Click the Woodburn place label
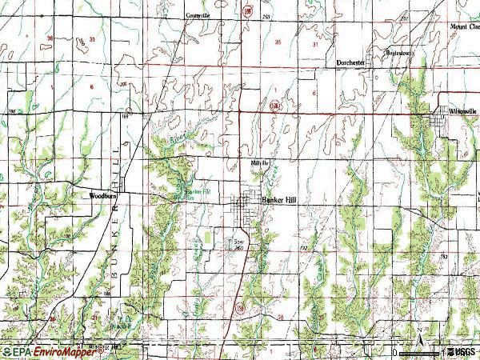point(103,194)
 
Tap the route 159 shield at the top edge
point(249,10)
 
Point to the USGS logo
point(462,351)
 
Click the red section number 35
point(278,41)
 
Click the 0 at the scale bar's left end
point(396,351)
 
